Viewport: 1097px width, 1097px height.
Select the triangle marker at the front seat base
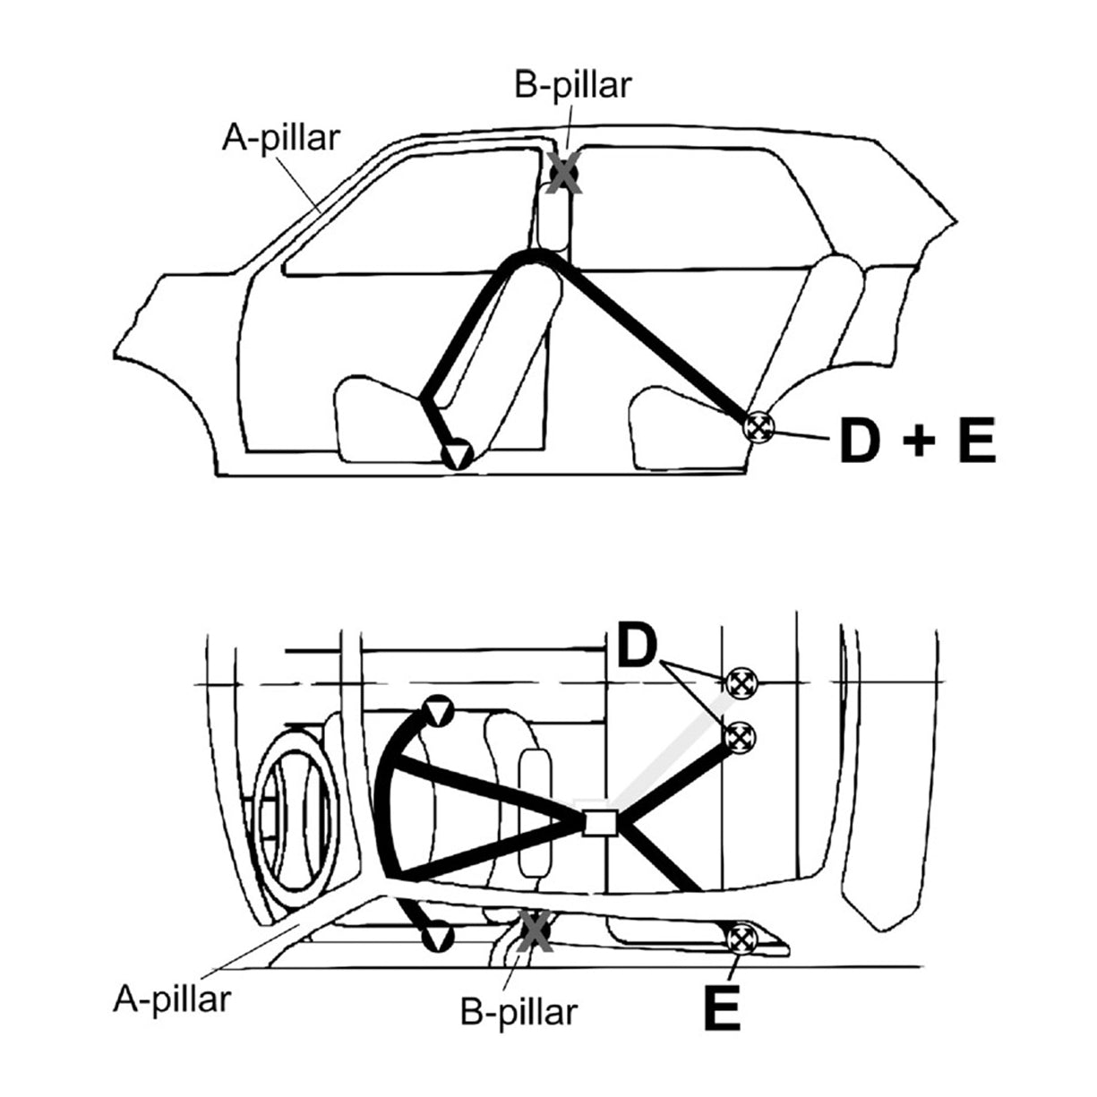pyautogui.click(x=458, y=455)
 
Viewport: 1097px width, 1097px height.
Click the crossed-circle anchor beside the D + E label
pyautogui.click(x=758, y=426)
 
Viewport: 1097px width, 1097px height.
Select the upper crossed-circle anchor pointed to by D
pyautogui.click(x=741, y=682)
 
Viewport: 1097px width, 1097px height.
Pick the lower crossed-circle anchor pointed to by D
pyautogui.click(x=741, y=739)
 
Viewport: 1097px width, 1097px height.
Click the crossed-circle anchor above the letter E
pyautogui.click(x=742, y=939)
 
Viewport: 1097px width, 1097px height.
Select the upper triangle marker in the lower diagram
pyautogui.click(x=439, y=712)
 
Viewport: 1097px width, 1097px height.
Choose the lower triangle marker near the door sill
pyautogui.click(x=438, y=937)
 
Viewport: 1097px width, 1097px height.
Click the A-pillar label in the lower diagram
pyautogui.click(x=171, y=998)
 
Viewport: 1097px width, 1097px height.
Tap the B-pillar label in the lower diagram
pyautogui.click(x=519, y=1012)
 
